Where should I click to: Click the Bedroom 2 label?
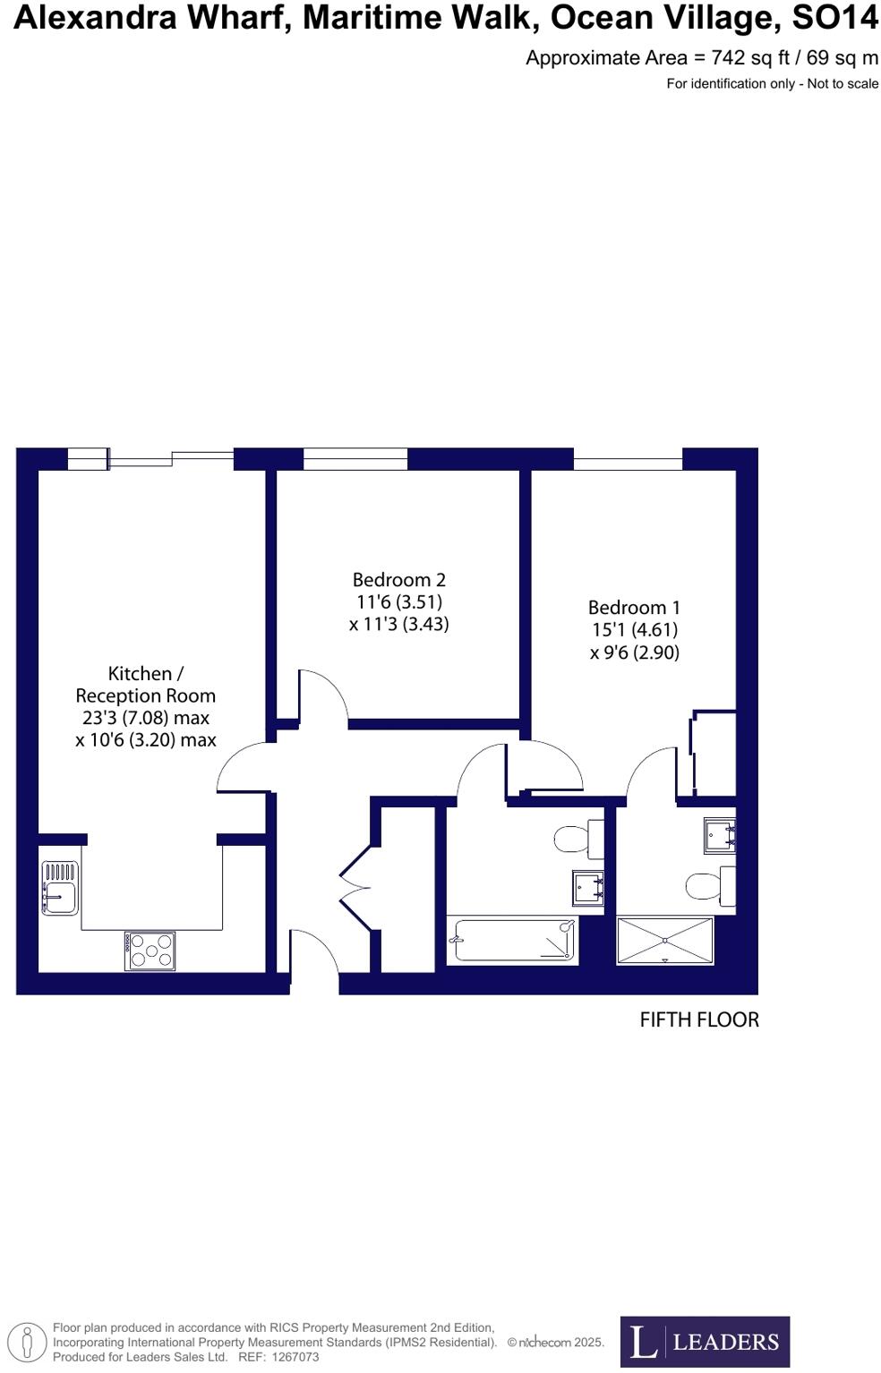click(x=398, y=580)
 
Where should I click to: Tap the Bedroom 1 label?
click(x=634, y=608)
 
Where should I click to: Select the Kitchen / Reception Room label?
click(x=146, y=685)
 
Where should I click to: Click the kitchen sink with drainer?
click(x=59, y=887)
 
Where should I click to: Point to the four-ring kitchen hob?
click(x=150, y=951)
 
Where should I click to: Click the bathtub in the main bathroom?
click(x=513, y=940)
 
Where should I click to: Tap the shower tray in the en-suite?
click(x=665, y=941)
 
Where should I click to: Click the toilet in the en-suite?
click(x=708, y=886)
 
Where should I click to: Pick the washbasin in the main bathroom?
click(x=588, y=888)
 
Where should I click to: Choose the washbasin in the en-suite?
click(x=719, y=835)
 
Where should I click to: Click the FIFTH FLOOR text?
click(x=698, y=1019)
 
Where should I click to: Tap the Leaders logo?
click(x=705, y=1341)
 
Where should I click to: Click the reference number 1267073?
click(x=295, y=1357)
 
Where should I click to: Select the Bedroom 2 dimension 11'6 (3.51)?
click(x=398, y=602)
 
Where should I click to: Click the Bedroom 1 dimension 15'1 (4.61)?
click(x=634, y=630)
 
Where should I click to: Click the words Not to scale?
click(x=843, y=84)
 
